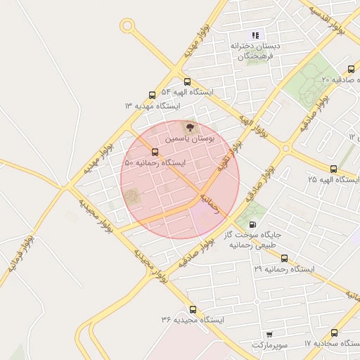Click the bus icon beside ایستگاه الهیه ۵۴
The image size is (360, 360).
[x=187, y=82]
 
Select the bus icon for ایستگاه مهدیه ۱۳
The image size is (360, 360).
[x=153, y=96]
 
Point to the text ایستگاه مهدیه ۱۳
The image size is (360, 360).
[x=153, y=106]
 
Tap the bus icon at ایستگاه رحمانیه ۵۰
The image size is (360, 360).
[x=155, y=152]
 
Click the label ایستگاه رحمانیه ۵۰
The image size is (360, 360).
[x=155, y=162]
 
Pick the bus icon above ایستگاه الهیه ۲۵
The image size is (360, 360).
[x=333, y=169]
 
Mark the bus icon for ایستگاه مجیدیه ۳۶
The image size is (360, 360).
[x=193, y=309]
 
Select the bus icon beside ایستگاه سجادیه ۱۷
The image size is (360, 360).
[x=333, y=333]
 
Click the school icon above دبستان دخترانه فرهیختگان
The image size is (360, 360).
[x=256, y=34]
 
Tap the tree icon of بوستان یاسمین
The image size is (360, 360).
[x=188, y=127]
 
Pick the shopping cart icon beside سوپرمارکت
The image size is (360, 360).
[x=269, y=335]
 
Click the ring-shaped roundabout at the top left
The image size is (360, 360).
[x=127, y=26]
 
